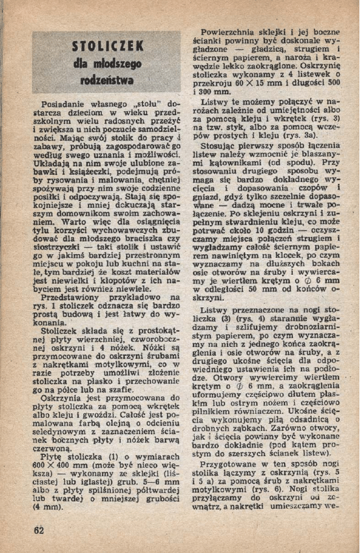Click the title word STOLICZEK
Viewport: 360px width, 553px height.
coord(107,47)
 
